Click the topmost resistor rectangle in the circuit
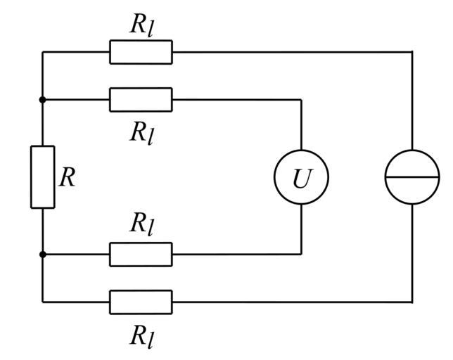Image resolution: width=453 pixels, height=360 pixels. (141, 52)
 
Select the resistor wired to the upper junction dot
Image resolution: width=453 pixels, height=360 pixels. (141, 100)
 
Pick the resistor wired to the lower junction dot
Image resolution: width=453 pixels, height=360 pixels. (141, 255)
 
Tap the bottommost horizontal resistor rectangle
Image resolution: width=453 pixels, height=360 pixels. (141, 302)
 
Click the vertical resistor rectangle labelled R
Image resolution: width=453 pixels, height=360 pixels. (42, 177)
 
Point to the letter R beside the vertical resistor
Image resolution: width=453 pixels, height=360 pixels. (67, 177)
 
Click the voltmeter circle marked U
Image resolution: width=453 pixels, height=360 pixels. (301, 177)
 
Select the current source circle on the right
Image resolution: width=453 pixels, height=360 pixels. (412, 177)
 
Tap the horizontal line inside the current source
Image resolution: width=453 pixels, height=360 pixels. (412, 177)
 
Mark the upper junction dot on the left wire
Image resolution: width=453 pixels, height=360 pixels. (42, 100)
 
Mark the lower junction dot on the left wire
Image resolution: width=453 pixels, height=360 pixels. (42, 255)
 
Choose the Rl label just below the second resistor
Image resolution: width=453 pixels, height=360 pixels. (141, 132)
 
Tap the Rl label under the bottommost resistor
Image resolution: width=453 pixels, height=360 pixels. (141, 337)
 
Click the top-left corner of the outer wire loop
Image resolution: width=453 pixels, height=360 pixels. (42, 52)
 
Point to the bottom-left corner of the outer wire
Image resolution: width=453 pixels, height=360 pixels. (42, 302)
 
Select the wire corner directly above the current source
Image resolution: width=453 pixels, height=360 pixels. (412, 52)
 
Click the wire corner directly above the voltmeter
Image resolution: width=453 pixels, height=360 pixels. (301, 100)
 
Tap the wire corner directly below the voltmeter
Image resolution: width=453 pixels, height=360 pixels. (301, 255)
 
